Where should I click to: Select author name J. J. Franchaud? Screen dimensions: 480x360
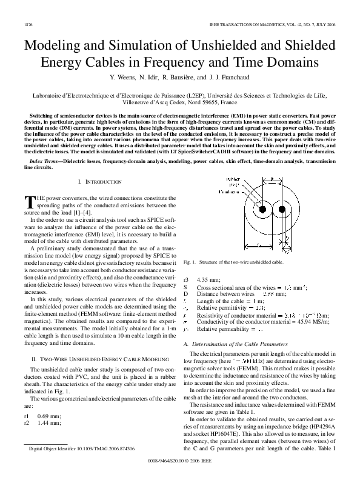228,78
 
